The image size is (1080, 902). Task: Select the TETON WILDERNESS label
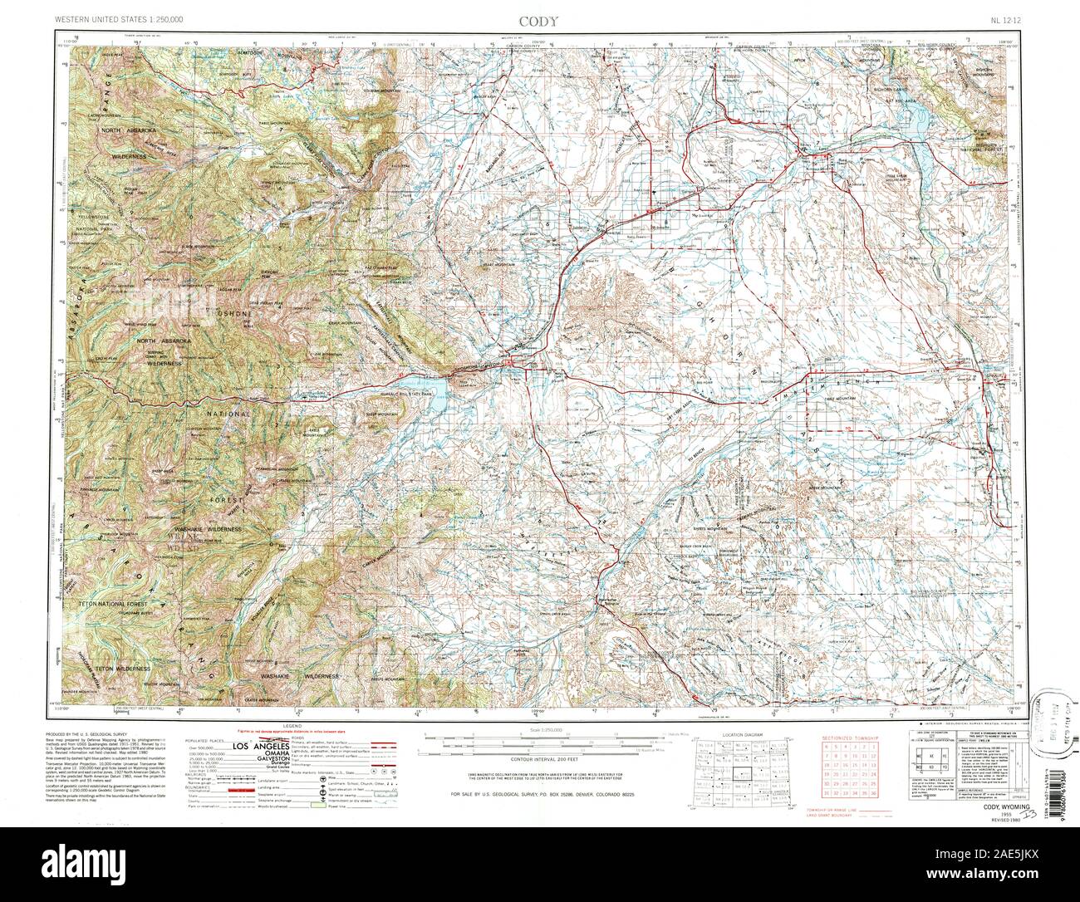coord(121,668)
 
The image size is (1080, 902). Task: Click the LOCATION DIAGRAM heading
coord(741,736)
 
